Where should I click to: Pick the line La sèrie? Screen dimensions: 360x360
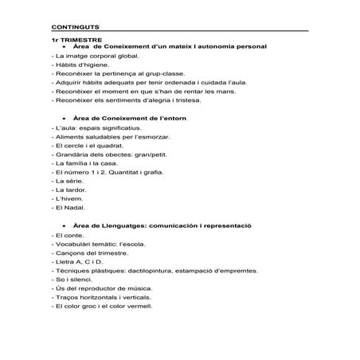65,183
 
